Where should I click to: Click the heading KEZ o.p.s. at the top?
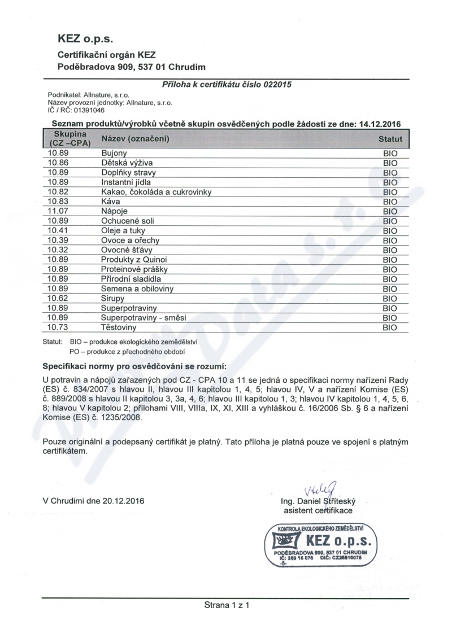[x=86, y=39]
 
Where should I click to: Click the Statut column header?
[x=390, y=139]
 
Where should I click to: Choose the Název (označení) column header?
[x=135, y=139]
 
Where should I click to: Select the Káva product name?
[x=111, y=201]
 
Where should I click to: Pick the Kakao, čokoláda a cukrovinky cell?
[x=156, y=191]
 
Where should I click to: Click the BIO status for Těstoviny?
[x=390, y=327]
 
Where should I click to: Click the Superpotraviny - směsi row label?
[x=146, y=317]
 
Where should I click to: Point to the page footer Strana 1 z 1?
[x=226, y=605]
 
